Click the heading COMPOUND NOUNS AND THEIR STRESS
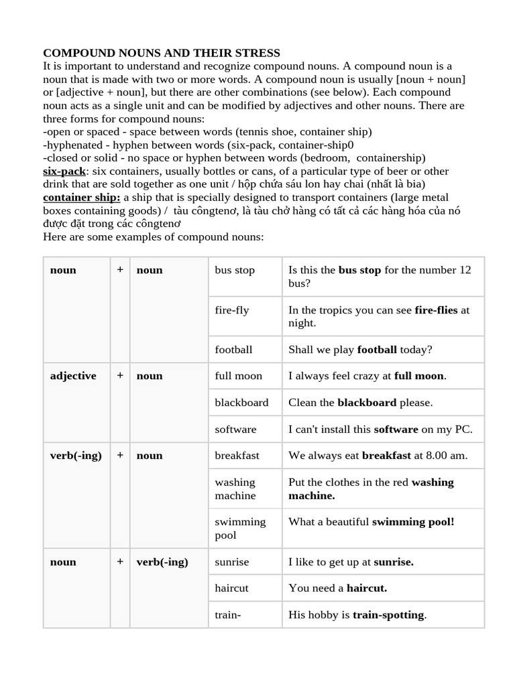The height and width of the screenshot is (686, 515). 162,53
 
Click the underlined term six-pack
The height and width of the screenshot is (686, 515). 64,171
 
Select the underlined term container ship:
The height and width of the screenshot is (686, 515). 82,197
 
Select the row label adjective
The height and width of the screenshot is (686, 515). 73,376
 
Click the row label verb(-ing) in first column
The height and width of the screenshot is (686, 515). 76,456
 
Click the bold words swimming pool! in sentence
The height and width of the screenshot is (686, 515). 413,522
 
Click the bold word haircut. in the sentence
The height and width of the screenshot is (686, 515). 367,588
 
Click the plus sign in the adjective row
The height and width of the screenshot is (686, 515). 120,376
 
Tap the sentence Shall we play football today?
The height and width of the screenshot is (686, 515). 360,350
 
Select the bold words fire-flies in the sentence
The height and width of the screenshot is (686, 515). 437,310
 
